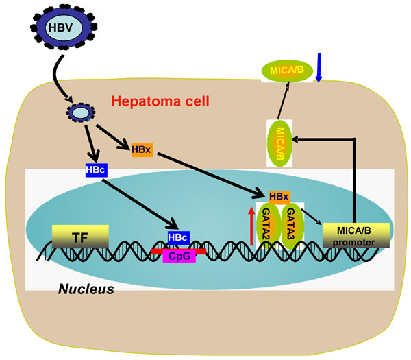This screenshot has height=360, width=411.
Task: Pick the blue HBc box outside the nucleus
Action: click(94, 169)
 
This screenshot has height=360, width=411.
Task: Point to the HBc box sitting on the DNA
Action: click(178, 237)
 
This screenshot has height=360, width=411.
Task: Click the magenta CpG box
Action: click(178, 256)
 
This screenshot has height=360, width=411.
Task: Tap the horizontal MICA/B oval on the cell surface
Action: click(287, 71)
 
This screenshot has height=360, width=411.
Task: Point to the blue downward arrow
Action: click(319, 67)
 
